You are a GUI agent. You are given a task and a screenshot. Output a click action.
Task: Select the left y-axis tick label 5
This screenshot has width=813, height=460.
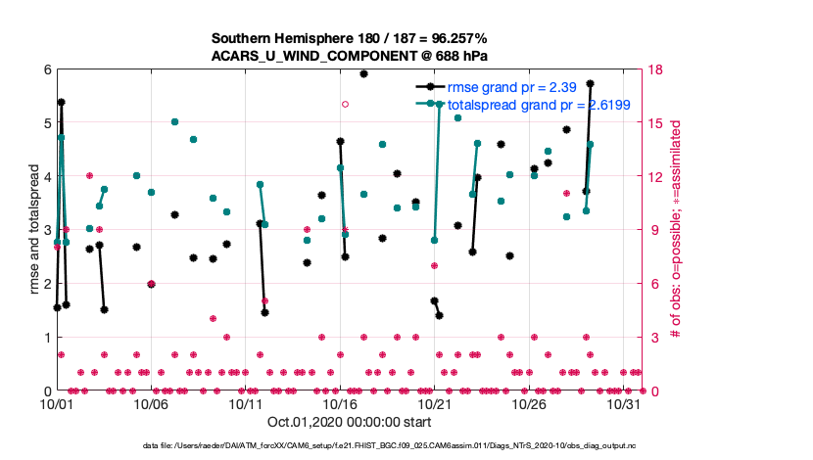click(x=46, y=123)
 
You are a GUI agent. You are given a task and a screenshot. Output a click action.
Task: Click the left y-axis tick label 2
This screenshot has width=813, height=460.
click(x=46, y=284)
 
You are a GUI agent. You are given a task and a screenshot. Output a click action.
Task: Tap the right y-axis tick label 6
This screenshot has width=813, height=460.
click(x=648, y=284)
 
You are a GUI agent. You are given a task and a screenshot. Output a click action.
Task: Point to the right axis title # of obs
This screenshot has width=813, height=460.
click(x=675, y=230)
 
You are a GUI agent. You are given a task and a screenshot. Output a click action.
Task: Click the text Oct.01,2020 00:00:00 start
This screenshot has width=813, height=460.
click(x=349, y=423)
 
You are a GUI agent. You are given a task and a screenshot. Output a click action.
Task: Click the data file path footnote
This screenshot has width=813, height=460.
click(x=406, y=446)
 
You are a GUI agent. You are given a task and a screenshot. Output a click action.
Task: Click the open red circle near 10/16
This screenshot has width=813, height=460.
click(x=345, y=104)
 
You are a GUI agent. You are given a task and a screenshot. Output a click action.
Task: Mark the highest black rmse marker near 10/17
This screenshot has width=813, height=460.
click(x=363, y=73)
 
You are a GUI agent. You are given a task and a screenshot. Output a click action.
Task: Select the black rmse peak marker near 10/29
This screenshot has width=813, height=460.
click(x=590, y=84)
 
